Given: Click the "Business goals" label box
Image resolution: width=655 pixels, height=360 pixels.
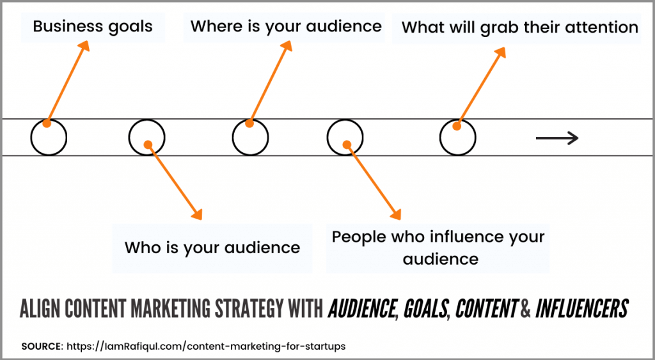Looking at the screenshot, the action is point(93,27).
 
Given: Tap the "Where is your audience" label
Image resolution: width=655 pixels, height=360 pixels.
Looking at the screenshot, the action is point(284,27).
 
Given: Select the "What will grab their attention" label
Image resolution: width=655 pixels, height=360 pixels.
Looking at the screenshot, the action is point(516,28).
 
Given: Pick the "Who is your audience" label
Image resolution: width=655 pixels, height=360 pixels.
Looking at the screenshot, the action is point(212,248).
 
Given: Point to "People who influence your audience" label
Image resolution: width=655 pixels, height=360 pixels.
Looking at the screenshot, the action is point(438,248).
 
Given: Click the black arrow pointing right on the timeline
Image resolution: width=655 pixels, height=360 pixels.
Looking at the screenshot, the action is point(557,137).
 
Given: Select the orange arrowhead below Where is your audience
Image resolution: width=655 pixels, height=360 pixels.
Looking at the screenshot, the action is point(286,46).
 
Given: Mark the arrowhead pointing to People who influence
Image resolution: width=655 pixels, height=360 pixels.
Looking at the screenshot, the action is point(395,214).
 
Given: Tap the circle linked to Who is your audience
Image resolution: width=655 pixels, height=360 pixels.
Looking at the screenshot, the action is point(129,137).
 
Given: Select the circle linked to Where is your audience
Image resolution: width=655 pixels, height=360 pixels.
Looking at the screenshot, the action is point(232,137).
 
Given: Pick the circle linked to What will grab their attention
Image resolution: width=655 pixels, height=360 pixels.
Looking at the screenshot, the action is point(439,137).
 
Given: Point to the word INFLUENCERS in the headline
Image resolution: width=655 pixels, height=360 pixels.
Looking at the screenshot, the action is point(581,308).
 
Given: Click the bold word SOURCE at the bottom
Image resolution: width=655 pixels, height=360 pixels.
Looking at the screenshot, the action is point(42,347).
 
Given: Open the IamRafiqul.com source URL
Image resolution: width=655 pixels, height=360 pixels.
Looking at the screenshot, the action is point(207,347).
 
